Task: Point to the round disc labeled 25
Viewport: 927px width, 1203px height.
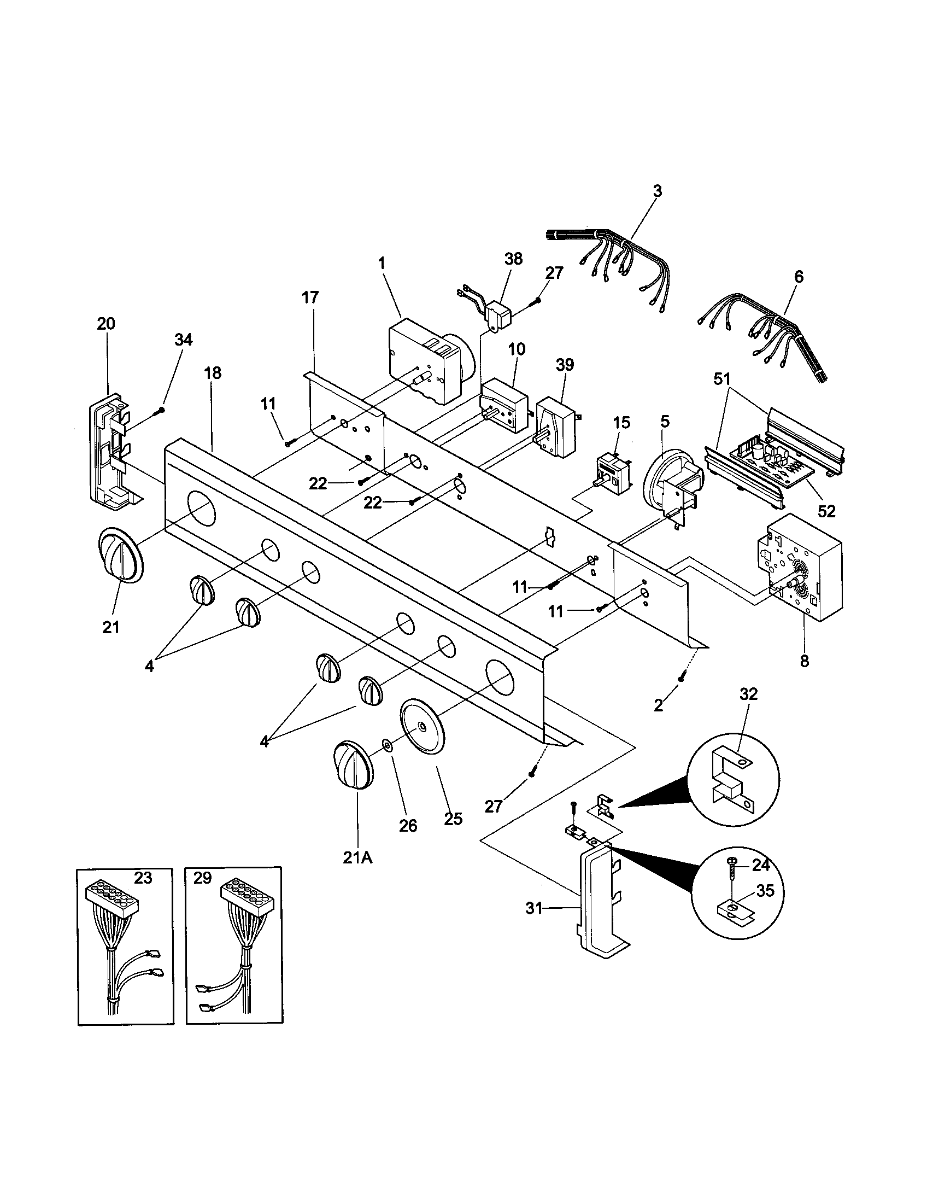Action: click(x=423, y=728)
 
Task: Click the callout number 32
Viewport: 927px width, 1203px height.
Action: click(x=749, y=694)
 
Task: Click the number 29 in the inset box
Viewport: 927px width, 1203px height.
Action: click(x=203, y=878)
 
